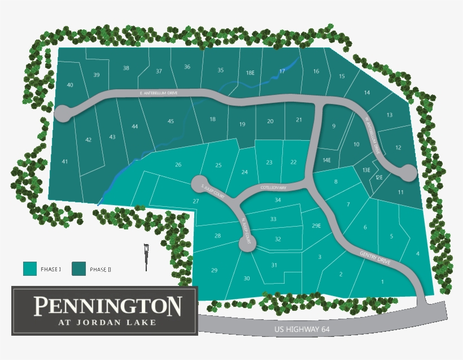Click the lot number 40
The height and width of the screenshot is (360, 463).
point(70,85)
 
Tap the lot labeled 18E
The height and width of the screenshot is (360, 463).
point(250,72)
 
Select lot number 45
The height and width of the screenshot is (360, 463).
point(171,122)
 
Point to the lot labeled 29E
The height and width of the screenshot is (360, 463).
point(316,226)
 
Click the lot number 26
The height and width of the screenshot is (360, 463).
point(178,165)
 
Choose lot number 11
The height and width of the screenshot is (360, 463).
point(400,193)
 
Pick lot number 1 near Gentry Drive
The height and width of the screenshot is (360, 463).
point(382,281)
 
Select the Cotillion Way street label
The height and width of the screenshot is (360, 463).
point(274,187)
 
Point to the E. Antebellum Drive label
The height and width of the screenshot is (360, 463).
point(159,93)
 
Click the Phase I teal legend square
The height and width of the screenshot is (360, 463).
point(30,269)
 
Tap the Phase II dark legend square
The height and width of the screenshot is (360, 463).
point(78,269)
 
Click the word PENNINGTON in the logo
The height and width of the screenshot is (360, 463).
point(107,306)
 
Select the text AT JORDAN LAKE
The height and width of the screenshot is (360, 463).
point(107,323)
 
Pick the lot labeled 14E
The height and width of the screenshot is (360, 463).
point(326,160)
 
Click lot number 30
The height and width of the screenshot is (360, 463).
point(247,278)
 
